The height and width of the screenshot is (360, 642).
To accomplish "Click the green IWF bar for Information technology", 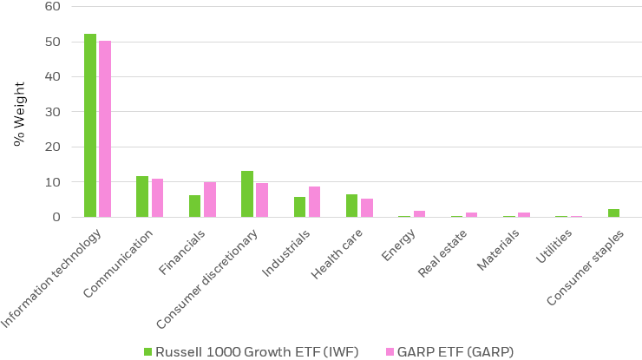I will [x=90, y=126].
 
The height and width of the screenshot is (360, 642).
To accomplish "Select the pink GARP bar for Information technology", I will [x=105, y=129].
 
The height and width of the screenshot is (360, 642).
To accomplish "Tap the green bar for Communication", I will [x=142, y=197].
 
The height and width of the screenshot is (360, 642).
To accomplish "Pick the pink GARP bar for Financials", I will [x=210, y=200].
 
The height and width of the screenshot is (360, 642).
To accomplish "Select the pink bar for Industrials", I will [x=314, y=202].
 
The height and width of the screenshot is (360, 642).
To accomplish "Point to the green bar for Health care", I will [x=351, y=206].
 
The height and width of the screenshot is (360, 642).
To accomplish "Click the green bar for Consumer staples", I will [x=613, y=213].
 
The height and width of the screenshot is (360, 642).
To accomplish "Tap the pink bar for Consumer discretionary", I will [x=262, y=200].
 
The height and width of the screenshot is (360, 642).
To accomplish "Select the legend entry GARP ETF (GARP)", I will [x=449, y=351].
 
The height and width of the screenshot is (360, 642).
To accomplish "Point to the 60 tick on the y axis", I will [x=53, y=6].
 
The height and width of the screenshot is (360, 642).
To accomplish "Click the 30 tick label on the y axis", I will [x=53, y=112].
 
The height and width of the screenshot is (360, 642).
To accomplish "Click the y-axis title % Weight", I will [x=18, y=112].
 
